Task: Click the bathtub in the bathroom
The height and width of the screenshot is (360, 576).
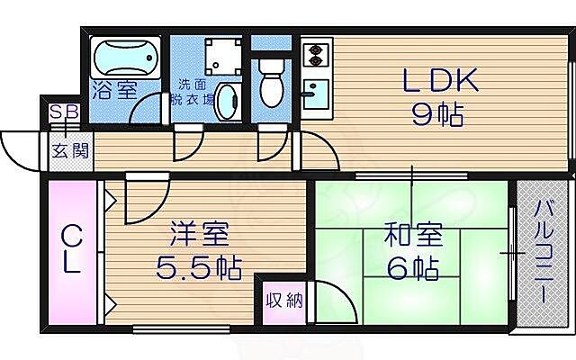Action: click(126, 59)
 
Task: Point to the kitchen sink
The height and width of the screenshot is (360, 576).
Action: click(316, 93)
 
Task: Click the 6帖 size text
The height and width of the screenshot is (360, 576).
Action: click(413, 268)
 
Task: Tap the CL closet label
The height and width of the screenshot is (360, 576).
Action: click(71, 251)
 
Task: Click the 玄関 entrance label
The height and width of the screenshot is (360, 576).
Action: click(69, 150)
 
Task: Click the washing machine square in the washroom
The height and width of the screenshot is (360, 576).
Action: click(220, 55)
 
